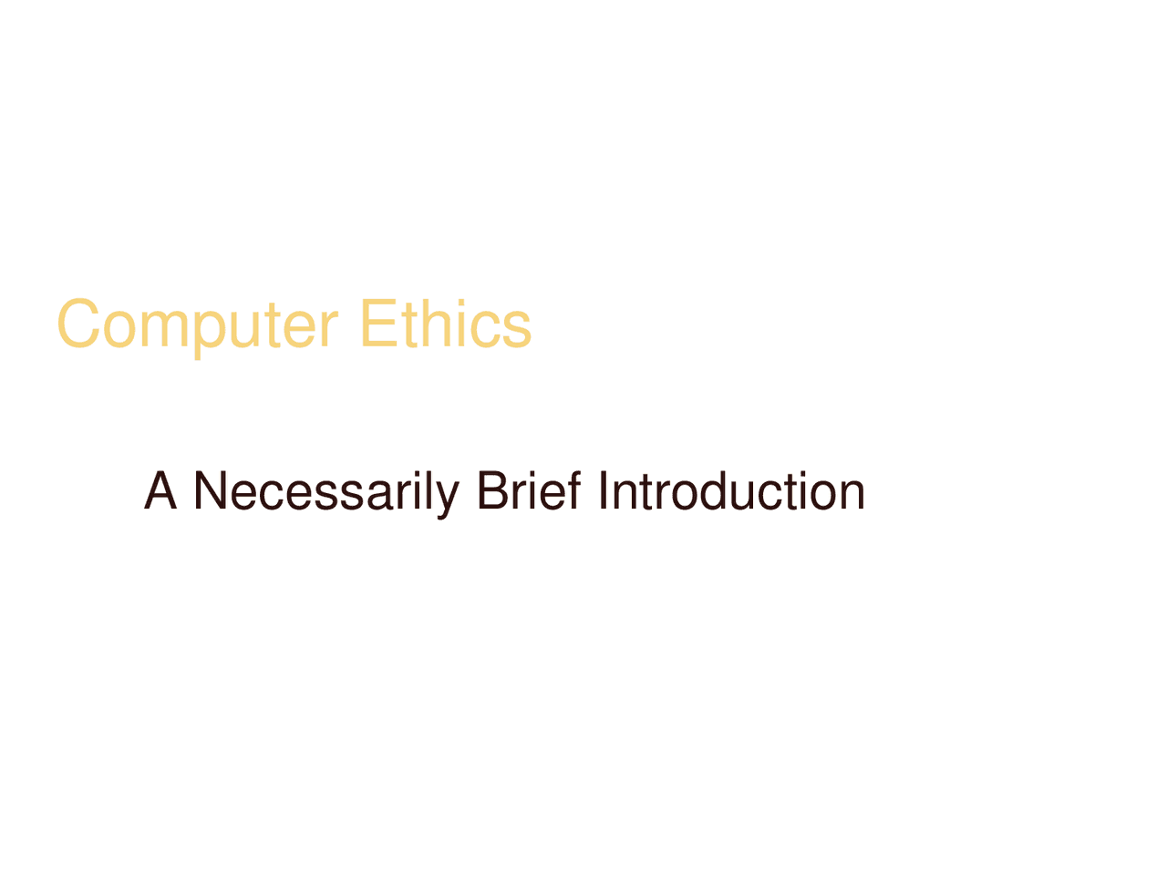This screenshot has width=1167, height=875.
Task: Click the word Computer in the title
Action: [x=197, y=324]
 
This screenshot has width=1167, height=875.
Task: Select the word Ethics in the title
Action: [x=445, y=324]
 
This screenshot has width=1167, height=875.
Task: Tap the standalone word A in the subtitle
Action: [x=160, y=491]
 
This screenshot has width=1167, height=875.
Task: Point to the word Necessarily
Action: [x=325, y=491]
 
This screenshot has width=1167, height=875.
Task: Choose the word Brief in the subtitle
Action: [x=529, y=491]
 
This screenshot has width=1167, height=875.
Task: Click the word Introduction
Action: [x=731, y=491]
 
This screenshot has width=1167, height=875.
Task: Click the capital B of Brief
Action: [x=492, y=491]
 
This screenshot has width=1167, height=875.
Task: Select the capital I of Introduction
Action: [x=604, y=491]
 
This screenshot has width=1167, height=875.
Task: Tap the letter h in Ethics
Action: [x=434, y=324]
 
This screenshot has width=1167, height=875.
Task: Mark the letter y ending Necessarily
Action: [x=448, y=497]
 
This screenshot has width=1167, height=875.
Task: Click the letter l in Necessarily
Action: [x=428, y=491]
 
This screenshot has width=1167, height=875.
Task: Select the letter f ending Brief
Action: [x=573, y=491]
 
